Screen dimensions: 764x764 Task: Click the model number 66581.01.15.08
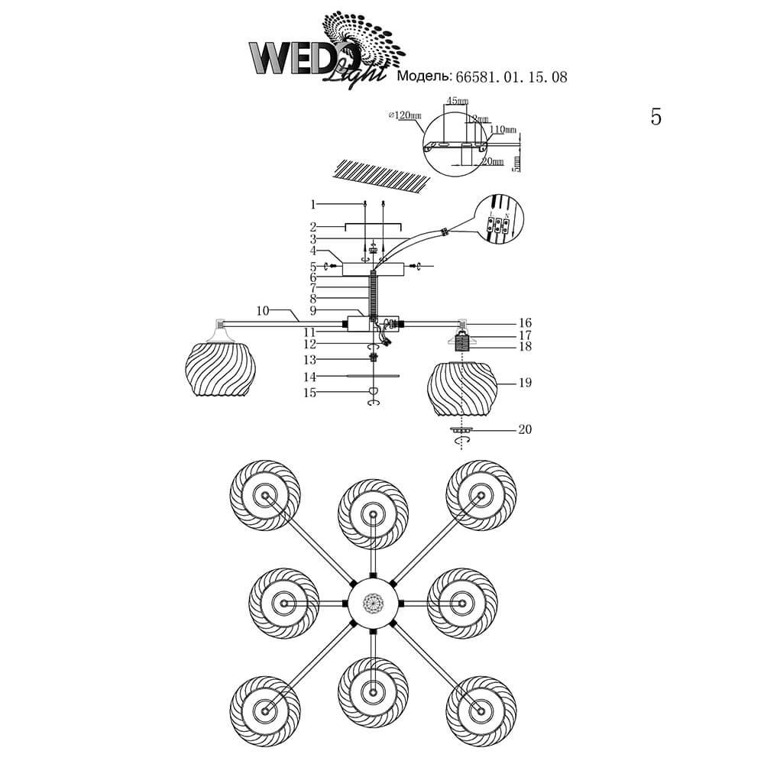coord(511,77)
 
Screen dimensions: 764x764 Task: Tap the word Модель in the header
coord(423,77)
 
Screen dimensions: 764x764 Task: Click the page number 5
coord(656,117)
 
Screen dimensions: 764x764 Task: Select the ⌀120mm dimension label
coord(404,115)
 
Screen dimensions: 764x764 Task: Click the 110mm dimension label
coord(503,130)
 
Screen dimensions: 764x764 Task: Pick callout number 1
coord(312,204)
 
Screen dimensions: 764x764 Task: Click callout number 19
coord(524,382)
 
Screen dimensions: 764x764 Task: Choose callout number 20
coord(524,429)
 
